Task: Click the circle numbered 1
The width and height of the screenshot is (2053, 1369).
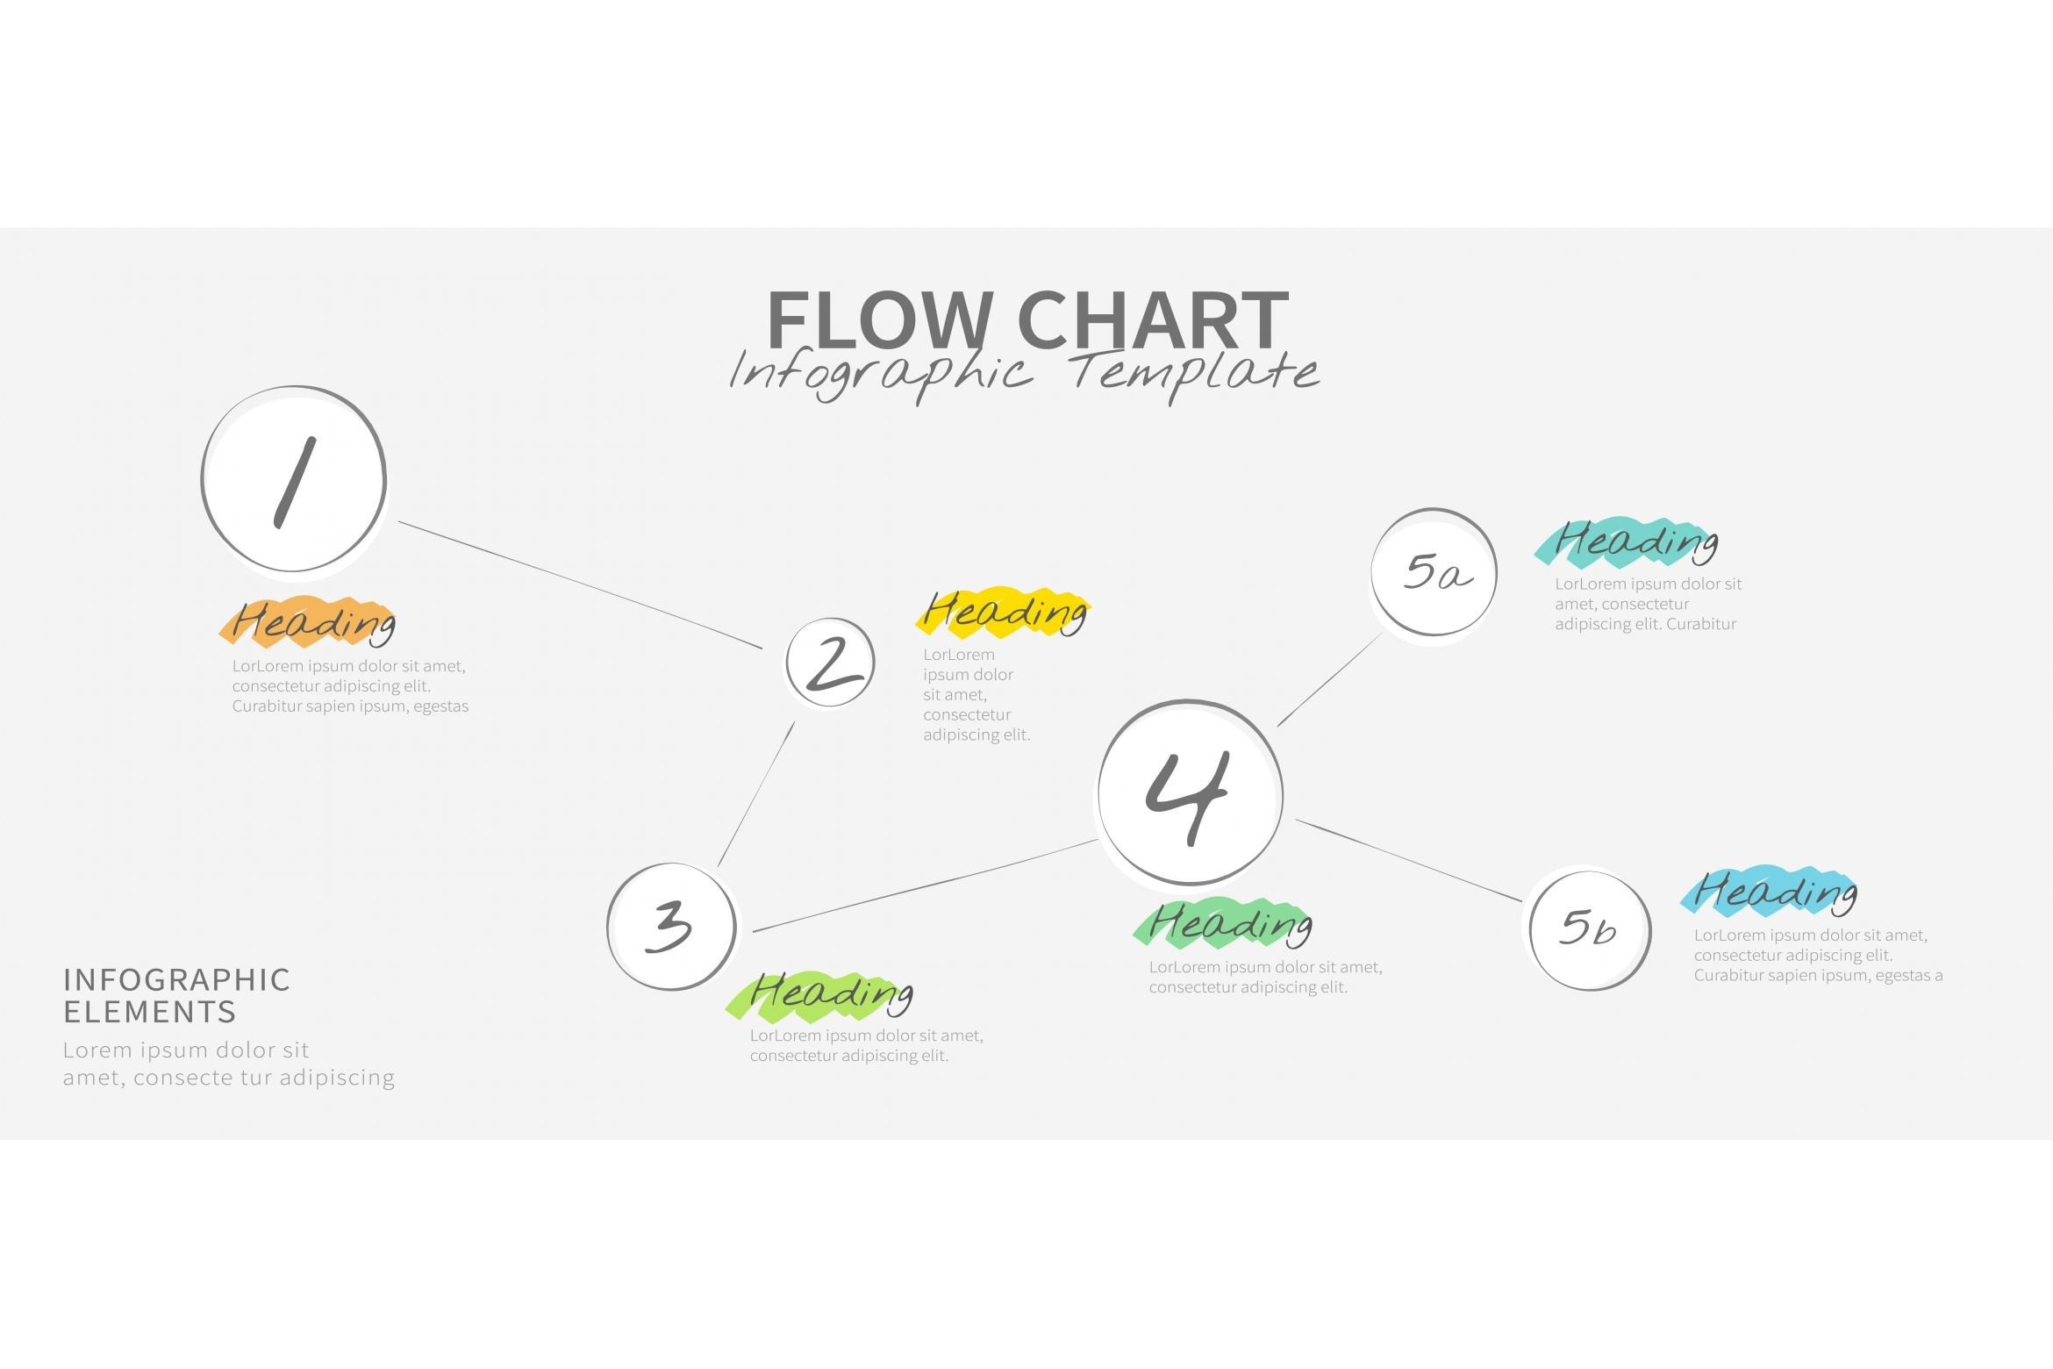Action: [294, 480]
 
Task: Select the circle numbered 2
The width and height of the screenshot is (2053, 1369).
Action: [830, 663]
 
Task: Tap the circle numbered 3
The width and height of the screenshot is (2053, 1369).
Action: [671, 926]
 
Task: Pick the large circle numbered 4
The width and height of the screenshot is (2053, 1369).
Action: [1190, 793]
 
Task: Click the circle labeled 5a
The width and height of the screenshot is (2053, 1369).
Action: [1434, 572]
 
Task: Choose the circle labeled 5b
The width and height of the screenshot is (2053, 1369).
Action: [1589, 928]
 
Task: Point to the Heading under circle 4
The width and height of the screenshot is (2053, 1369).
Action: [1227, 924]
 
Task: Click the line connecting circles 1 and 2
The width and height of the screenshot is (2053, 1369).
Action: [579, 584]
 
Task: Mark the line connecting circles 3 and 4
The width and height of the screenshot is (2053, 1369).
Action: [926, 886]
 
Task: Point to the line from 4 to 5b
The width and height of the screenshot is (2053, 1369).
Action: [1408, 860]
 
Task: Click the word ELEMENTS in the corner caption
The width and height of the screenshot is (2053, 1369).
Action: [150, 1012]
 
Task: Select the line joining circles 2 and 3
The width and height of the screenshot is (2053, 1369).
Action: [756, 794]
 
